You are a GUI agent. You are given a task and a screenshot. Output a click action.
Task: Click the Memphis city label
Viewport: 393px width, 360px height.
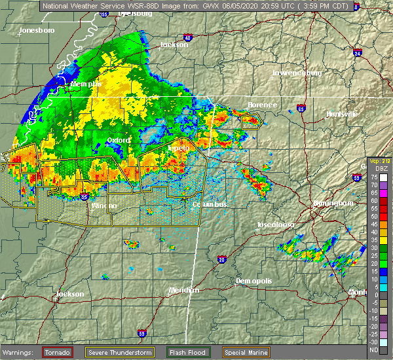[x=86, y=84]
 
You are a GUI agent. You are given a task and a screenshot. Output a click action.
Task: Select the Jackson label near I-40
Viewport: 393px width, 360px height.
[x=174, y=45]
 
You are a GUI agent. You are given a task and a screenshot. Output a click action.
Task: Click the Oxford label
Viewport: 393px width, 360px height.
[x=118, y=140]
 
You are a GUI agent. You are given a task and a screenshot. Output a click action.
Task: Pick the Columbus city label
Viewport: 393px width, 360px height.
[x=209, y=205]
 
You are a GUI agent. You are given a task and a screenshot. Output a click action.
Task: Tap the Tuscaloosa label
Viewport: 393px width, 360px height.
[x=274, y=225]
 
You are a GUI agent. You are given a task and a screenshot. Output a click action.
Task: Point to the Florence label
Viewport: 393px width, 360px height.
[x=262, y=105]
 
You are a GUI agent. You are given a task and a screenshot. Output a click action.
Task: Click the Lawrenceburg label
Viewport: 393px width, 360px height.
[x=297, y=73]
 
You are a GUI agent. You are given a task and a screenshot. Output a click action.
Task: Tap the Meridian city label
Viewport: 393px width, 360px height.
[x=183, y=290]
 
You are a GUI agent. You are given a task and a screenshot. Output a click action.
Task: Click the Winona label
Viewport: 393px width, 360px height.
[x=103, y=206]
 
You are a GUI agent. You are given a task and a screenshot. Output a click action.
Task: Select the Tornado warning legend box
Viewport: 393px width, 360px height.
[x=57, y=352]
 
